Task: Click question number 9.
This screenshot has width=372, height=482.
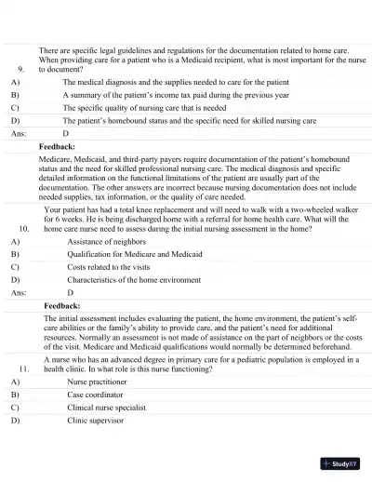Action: [x=21, y=69]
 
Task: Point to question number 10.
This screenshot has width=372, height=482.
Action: [x=23, y=226]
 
